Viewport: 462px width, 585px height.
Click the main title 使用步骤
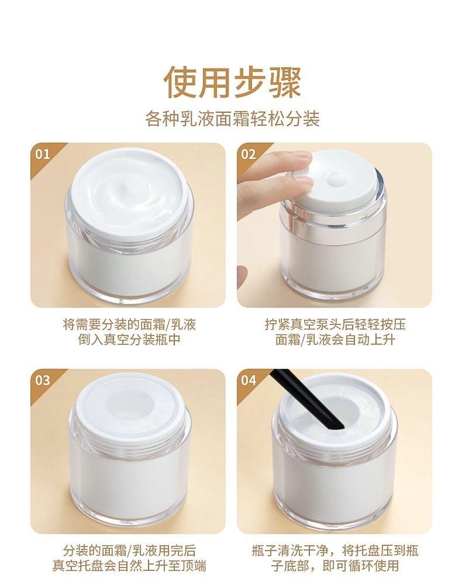tap(232, 82)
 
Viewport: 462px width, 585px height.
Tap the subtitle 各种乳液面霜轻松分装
tap(232, 119)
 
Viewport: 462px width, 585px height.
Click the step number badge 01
tap(42, 154)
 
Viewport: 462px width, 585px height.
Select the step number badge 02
tap(249, 154)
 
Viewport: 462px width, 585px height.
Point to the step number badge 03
tap(42, 380)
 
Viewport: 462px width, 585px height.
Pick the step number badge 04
tap(249, 380)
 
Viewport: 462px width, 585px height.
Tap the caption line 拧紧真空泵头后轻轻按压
tap(335, 324)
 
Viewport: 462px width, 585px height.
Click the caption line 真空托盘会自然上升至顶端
tap(129, 566)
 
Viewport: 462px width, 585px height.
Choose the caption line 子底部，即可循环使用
tap(335, 566)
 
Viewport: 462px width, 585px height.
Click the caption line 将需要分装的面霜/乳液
tap(129, 324)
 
